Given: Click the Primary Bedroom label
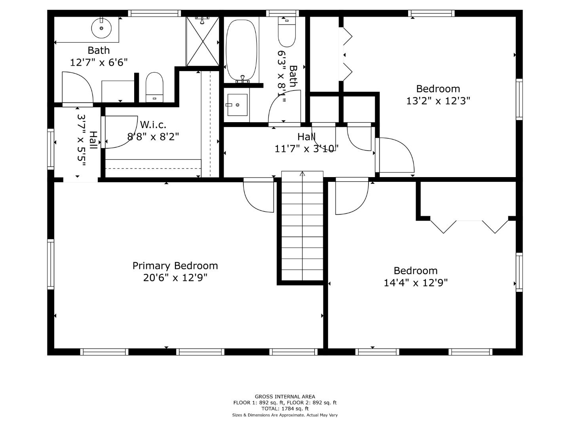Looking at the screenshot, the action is (x=175, y=266).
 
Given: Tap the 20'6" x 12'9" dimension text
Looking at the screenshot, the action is (x=175, y=278).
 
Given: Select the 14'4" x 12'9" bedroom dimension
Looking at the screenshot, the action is (x=416, y=283).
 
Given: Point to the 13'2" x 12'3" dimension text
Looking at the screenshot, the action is (x=438, y=100).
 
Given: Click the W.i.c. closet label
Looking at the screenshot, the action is (x=153, y=125).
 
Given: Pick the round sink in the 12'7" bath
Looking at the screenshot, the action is (x=101, y=28).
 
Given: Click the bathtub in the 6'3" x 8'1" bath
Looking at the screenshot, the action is (x=241, y=50).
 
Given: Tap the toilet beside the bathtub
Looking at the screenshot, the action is (x=287, y=32).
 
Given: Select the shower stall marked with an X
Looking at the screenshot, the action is (x=203, y=42).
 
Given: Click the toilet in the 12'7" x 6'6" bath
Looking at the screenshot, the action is (x=154, y=87).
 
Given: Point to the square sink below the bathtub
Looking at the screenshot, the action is (x=237, y=105).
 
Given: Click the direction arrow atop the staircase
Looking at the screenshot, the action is (x=302, y=174).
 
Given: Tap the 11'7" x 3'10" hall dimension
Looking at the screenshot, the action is (x=306, y=149).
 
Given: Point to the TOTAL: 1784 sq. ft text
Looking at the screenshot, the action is (x=285, y=409).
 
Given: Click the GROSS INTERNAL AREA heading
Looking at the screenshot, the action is (x=285, y=397).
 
